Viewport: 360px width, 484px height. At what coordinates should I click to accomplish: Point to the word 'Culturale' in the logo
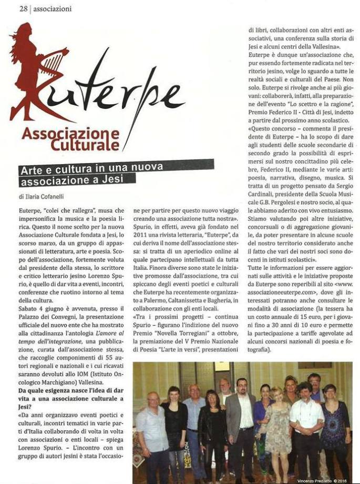85,143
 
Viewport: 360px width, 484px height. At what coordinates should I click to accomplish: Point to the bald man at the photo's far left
152,431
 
